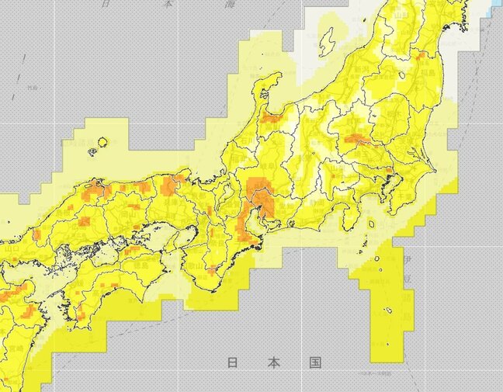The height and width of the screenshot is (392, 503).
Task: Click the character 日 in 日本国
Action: pyautogui.click(x=232, y=363)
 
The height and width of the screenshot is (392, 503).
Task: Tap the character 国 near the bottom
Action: pyautogui.click(x=314, y=363)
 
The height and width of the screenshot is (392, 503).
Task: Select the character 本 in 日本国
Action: pyautogui.click(x=273, y=363)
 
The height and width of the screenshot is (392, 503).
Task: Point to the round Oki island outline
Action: pyautogui.click(x=102, y=143)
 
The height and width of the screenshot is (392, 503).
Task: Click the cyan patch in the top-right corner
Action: pyautogui.click(x=497, y=6)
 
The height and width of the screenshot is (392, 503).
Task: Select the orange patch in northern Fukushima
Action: pyautogui.click(x=420, y=55)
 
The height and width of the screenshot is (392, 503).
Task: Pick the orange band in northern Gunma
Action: pyautogui.click(x=362, y=140)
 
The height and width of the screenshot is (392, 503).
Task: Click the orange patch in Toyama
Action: pyautogui.click(x=272, y=117)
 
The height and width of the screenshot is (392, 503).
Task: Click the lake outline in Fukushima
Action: pyautogui.click(x=402, y=75)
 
